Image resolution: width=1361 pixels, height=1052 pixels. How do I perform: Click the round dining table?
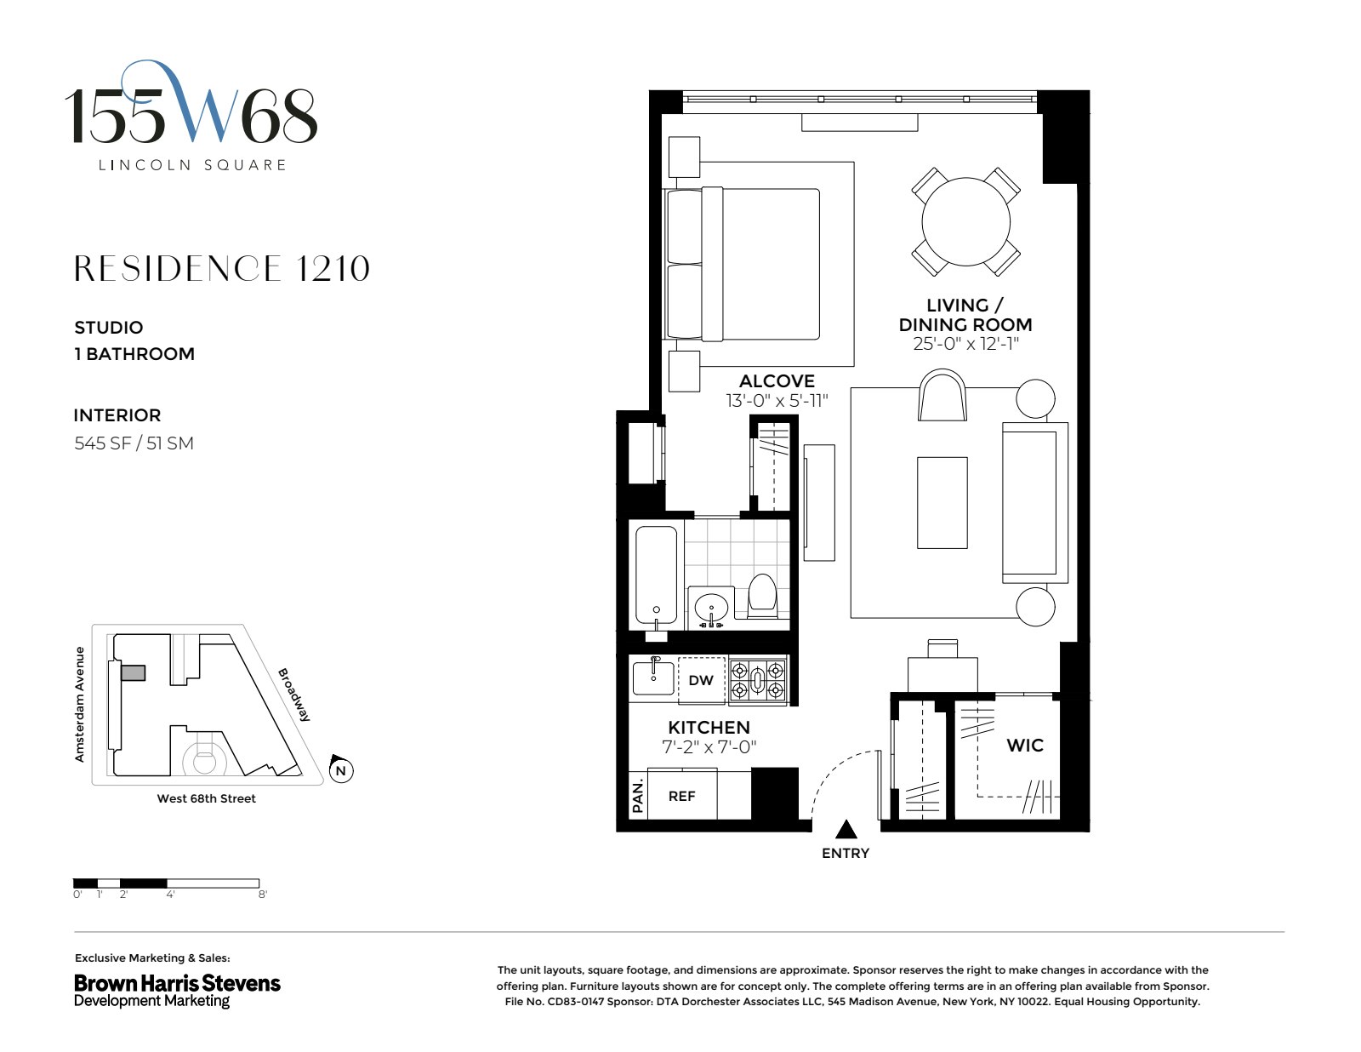(965, 221)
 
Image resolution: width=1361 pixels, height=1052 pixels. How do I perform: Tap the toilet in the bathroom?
(762, 596)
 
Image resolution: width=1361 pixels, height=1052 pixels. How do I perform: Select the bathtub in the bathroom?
(657, 576)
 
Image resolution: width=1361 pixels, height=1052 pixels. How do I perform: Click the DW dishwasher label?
(701, 680)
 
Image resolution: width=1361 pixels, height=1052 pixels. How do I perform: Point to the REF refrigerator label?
(681, 796)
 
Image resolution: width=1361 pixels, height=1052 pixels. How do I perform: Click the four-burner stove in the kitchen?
(758, 680)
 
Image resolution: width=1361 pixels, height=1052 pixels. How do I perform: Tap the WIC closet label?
(1024, 745)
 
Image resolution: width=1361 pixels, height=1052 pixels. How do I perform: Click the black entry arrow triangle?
(846, 829)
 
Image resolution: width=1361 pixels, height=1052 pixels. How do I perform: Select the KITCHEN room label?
(709, 727)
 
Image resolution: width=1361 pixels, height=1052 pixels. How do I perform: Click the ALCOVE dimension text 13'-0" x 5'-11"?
(776, 400)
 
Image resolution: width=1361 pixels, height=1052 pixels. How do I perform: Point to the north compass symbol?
(340, 769)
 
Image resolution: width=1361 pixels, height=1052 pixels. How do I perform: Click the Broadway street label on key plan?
(294, 695)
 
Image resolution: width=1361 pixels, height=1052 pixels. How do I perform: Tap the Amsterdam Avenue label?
(80, 704)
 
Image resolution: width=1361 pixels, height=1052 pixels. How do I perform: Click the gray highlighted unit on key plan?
(134, 673)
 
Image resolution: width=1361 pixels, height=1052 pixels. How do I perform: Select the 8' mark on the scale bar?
(263, 895)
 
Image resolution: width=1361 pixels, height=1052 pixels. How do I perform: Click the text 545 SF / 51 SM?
(134, 443)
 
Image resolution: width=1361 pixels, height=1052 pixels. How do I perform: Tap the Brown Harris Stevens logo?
(177, 990)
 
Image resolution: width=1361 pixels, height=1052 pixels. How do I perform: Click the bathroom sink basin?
(709, 608)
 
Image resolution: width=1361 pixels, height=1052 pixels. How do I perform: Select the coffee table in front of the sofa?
(942, 502)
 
